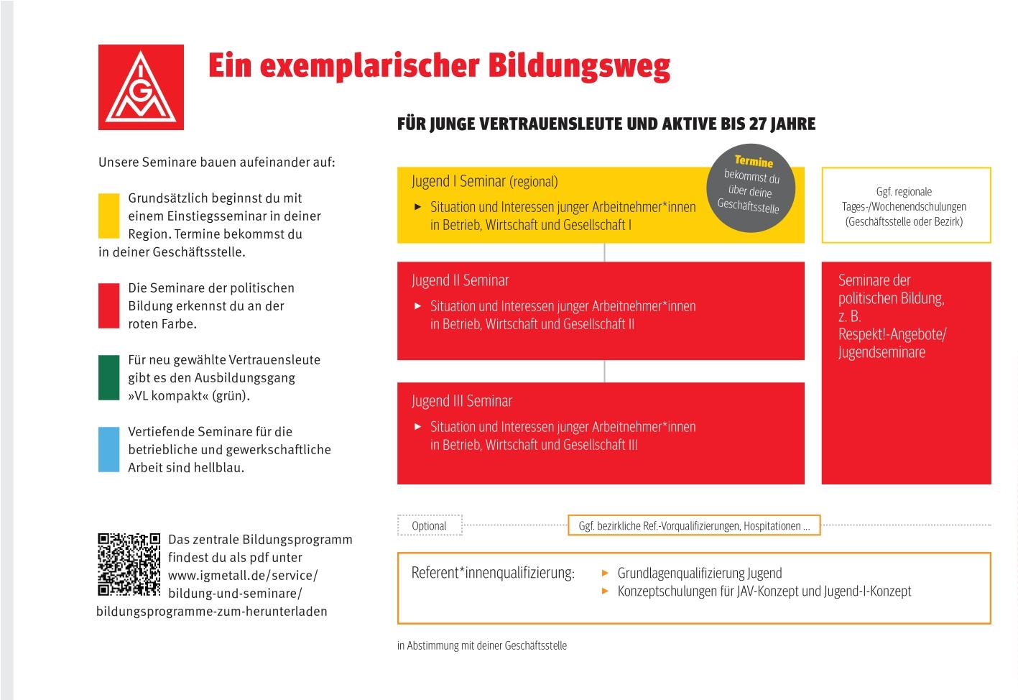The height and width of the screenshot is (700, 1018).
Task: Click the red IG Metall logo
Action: (x=141, y=87)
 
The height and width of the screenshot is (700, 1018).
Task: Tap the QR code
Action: (x=129, y=564)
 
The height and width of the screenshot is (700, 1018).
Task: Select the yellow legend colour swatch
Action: (x=109, y=215)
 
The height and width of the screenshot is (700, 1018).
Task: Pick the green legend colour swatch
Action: (x=109, y=377)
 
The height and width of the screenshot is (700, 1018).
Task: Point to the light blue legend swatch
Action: (x=109, y=449)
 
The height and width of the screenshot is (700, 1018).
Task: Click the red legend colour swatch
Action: (x=109, y=305)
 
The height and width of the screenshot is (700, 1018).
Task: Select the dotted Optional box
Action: (x=430, y=526)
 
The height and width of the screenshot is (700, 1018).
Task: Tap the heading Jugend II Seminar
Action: (x=460, y=280)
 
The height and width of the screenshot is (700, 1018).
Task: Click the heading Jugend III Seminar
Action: (x=462, y=401)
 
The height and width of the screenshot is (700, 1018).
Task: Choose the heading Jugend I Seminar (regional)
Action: (x=484, y=181)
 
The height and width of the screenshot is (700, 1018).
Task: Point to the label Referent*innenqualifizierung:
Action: (x=493, y=573)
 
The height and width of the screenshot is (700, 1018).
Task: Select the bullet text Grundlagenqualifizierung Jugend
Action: (x=700, y=573)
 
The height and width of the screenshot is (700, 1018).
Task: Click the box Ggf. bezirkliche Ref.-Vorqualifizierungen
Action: (x=694, y=526)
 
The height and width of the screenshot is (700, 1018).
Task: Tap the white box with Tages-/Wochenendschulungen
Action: (x=906, y=206)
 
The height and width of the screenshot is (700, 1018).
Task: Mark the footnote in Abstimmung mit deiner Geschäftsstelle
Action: (x=482, y=645)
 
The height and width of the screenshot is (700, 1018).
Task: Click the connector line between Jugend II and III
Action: (x=604, y=371)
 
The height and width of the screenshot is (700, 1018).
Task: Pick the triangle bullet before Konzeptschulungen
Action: (x=605, y=591)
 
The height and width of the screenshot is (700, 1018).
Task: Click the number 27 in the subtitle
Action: (x=756, y=124)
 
